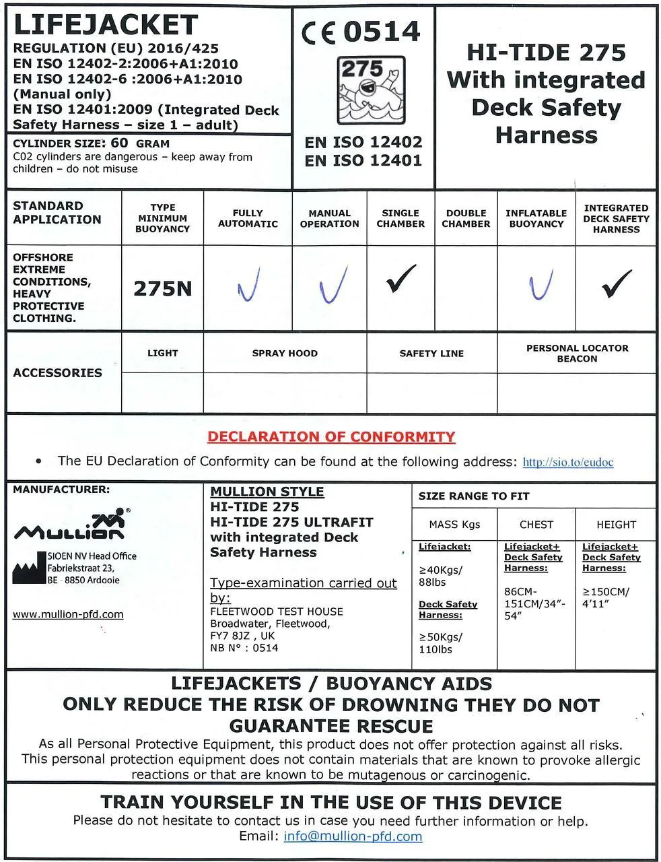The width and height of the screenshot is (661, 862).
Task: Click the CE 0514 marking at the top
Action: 361,32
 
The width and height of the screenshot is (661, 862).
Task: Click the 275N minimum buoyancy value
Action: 162,289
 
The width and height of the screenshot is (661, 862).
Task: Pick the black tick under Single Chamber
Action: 401,279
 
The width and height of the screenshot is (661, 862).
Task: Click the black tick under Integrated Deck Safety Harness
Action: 617,283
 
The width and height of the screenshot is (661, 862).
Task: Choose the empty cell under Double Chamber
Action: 466,288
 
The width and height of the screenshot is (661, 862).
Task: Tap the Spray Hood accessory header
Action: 285,353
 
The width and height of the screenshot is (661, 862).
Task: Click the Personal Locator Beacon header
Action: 577,354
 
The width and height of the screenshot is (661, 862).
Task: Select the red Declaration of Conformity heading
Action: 331,436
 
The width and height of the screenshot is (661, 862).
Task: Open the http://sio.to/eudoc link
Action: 567,462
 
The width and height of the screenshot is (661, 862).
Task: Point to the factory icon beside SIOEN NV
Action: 29,568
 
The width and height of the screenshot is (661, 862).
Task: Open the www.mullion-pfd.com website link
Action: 68,614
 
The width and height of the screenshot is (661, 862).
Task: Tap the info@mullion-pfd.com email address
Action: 353,836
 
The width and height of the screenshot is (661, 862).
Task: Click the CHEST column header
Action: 536,525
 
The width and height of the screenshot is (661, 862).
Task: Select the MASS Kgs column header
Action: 454,525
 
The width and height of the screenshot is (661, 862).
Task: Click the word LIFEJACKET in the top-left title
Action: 105,25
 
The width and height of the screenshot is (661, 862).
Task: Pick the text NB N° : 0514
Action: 244,648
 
